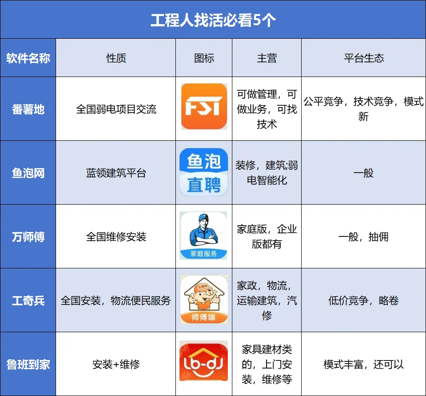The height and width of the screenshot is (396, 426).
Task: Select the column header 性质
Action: (x=116, y=58)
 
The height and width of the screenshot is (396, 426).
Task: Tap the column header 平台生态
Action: (x=364, y=58)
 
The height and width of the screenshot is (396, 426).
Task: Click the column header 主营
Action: (x=267, y=58)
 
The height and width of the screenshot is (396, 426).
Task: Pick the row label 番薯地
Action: (x=28, y=109)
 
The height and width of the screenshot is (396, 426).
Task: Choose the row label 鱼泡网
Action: (x=28, y=173)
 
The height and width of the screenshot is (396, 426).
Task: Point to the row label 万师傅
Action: (x=28, y=237)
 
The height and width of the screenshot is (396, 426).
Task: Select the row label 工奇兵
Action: (x=28, y=301)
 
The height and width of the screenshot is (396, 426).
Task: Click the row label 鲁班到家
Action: (x=28, y=365)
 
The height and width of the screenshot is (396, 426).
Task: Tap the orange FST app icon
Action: (x=204, y=107)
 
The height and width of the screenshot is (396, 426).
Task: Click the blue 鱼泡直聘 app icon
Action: (x=204, y=172)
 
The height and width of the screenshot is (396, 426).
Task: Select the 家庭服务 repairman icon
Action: (x=204, y=236)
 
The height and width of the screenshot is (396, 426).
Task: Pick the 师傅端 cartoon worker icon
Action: (x=204, y=300)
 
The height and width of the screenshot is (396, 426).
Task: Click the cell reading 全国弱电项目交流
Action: (x=116, y=109)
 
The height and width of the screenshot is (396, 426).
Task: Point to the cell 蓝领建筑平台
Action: (x=116, y=173)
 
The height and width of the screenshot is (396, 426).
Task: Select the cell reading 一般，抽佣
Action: (x=364, y=237)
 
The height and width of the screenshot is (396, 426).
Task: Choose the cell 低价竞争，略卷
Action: (x=364, y=301)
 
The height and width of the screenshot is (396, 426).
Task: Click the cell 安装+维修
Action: (x=116, y=365)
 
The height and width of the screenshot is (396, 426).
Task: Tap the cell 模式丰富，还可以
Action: (x=364, y=365)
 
